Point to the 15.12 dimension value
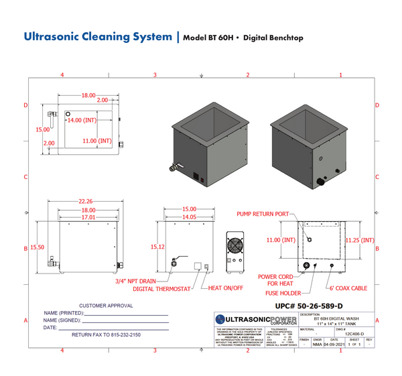coord(159,247)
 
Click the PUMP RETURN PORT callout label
coord(262,214)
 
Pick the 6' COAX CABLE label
coord(348,288)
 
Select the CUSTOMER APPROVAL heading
coord(106,306)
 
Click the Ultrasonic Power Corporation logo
coord(255,319)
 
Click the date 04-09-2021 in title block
coord(334,345)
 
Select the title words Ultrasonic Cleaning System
coord(98,37)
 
